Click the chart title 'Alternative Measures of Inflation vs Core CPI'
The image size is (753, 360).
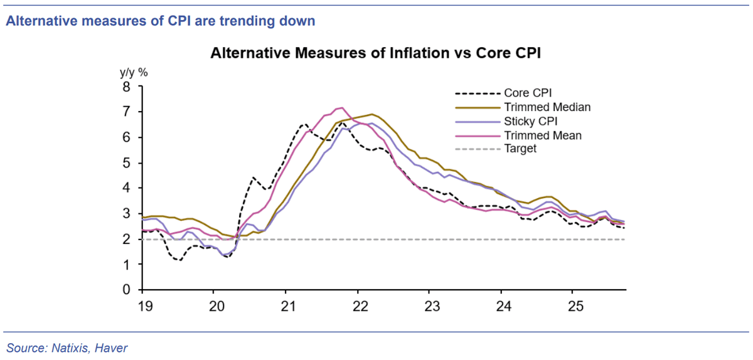(375, 53)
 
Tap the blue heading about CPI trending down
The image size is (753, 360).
(161, 21)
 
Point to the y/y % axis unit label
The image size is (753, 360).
(134, 73)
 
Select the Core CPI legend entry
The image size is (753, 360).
(503, 93)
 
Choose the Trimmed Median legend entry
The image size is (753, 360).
(523, 107)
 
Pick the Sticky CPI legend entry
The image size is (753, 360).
(506, 121)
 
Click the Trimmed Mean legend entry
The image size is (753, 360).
(518, 135)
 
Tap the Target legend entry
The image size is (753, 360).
(496, 149)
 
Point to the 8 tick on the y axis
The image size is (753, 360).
(126, 87)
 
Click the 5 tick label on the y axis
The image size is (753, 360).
(126, 163)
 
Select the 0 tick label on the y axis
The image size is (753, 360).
(126, 289)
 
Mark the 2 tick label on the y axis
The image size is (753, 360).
(126, 240)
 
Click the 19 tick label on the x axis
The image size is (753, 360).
(146, 306)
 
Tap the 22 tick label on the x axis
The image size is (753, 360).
(360, 306)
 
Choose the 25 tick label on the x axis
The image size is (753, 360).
(575, 306)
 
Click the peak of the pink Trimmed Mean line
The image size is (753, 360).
(342, 108)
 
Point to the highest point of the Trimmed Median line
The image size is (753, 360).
(371, 114)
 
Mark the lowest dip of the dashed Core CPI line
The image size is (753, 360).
(181, 260)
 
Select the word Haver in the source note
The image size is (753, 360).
(111, 348)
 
